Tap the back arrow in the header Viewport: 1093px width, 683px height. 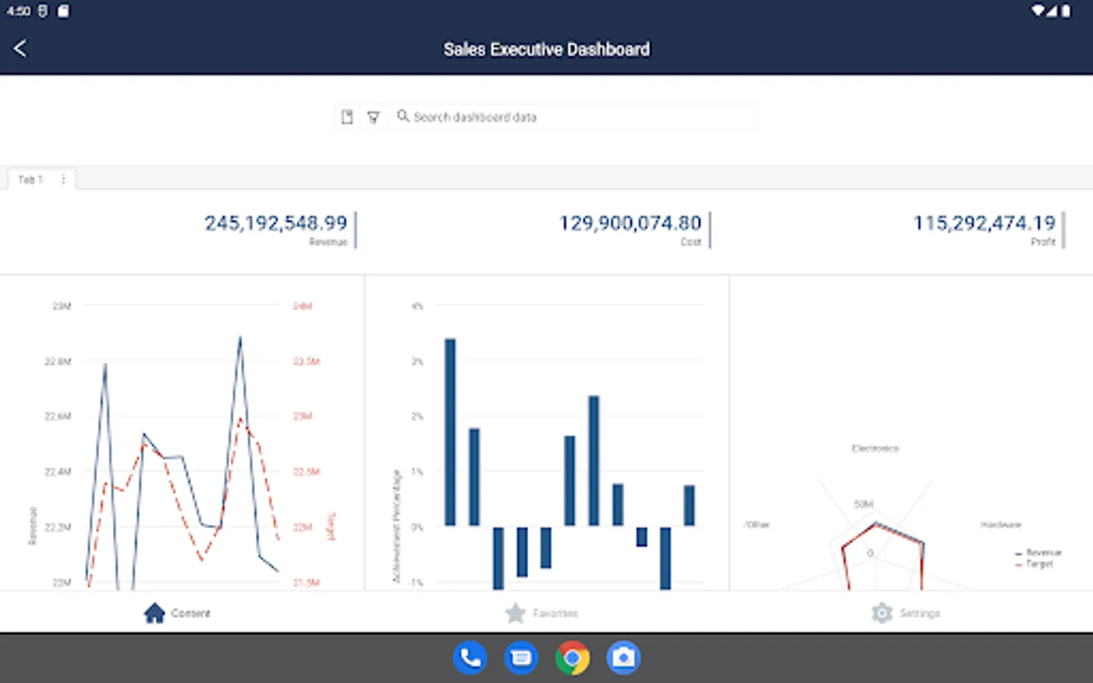[20, 49]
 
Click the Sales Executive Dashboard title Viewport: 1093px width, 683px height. [546, 49]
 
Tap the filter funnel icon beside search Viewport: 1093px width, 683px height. [373, 117]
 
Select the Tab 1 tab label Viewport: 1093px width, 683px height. [30, 180]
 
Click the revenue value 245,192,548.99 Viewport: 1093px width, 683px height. [276, 223]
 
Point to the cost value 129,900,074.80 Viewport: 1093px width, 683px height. [630, 223]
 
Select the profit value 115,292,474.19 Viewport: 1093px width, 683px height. [984, 223]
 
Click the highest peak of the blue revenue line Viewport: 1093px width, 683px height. [241, 338]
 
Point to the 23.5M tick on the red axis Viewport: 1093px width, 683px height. [306, 361]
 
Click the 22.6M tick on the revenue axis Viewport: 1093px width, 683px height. [58, 417]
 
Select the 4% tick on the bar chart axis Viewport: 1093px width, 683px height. [417, 307]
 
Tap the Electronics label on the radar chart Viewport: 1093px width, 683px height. [874, 449]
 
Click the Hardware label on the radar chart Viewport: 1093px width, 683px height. [1000, 524]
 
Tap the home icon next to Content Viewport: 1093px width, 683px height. [154, 612]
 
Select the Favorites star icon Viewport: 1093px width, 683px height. [515, 612]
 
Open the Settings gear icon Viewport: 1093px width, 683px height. [882, 612]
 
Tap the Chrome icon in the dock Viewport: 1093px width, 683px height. [572, 657]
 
